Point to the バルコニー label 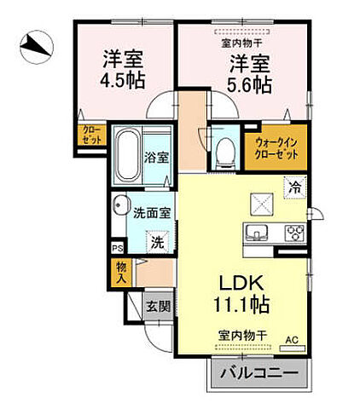[x=254, y=373]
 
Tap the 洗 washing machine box [x=157, y=242]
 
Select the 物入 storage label [x=121, y=271]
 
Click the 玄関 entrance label [x=154, y=306]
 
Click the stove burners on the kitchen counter [x=295, y=233]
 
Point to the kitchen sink [x=257, y=233]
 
